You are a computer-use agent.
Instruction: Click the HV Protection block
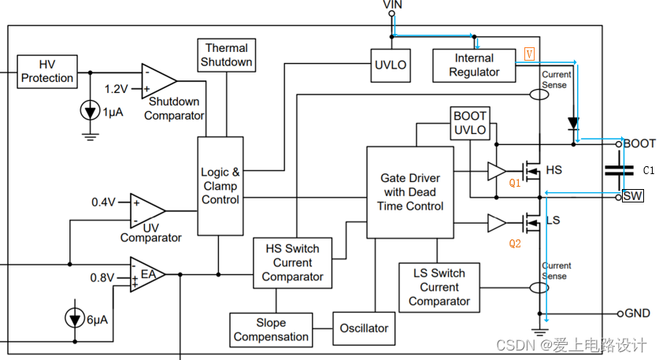pos(47,71)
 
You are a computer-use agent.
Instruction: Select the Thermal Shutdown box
pos(226,55)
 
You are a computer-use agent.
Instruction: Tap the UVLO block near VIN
pos(391,65)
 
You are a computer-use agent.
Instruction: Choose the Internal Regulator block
pos(474,65)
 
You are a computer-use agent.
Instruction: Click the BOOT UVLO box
pos(470,123)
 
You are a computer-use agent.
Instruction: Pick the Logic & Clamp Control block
pos(220,185)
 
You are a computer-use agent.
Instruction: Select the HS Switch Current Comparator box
pos(292,262)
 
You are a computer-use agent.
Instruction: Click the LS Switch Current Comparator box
pos(439,287)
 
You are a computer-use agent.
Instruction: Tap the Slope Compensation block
pos(271,329)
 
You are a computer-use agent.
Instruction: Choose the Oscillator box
pos(365,328)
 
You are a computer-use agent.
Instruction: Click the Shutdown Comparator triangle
pos(157,80)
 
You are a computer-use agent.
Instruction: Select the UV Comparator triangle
pos(146,210)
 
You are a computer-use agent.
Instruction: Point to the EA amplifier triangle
pos(146,275)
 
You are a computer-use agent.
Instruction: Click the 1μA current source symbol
pos(91,110)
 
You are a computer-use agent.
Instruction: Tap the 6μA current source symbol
pos(75,318)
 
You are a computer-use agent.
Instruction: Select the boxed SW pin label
pos(632,195)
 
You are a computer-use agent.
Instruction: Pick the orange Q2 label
pos(514,243)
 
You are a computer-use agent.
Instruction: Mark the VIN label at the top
pos(392,6)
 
